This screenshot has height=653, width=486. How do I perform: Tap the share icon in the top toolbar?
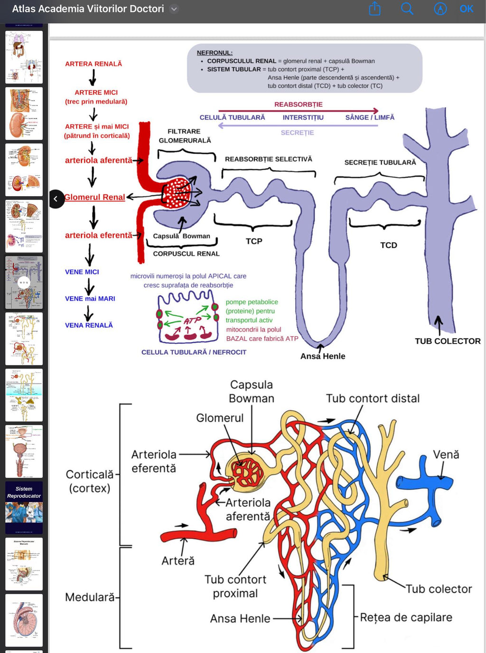pyautogui.click(x=374, y=9)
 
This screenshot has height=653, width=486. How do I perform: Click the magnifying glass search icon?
pyautogui.click(x=407, y=9)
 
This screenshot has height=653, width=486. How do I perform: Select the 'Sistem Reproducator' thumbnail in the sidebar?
pyautogui.click(x=24, y=507)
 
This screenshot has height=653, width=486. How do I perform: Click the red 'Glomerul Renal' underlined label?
pyautogui.click(x=94, y=197)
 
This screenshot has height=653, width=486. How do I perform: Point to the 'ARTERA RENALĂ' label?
pyautogui.click(x=93, y=64)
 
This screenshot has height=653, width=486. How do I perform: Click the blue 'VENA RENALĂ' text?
pyautogui.click(x=89, y=325)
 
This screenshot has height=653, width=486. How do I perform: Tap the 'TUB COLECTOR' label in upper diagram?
pyautogui.click(x=447, y=341)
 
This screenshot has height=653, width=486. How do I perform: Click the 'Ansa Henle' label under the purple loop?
pyautogui.click(x=323, y=356)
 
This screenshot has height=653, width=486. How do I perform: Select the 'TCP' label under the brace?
pyautogui.click(x=254, y=241)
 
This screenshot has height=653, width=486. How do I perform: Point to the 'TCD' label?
pyautogui.click(x=388, y=245)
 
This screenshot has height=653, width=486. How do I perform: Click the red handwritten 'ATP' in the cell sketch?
pyautogui.click(x=192, y=321)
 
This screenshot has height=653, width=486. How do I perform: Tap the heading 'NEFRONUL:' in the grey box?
pyautogui.click(x=215, y=53)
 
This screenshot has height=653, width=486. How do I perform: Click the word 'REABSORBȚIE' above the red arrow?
pyautogui.click(x=298, y=104)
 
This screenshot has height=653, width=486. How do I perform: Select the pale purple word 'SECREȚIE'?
pyautogui.click(x=297, y=132)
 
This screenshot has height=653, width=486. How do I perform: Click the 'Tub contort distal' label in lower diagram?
pyautogui.click(x=373, y=398)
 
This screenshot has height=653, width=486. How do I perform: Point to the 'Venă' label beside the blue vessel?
pyautogui.click(x=446, y=454)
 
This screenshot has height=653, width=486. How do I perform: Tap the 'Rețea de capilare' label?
pyautogui.click(x=406, y=617)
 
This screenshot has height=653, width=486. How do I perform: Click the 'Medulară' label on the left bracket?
pyautogui.click(x=90, y=597)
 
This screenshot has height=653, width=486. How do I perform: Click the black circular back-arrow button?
pyautogui.click(x=56, y=199)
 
